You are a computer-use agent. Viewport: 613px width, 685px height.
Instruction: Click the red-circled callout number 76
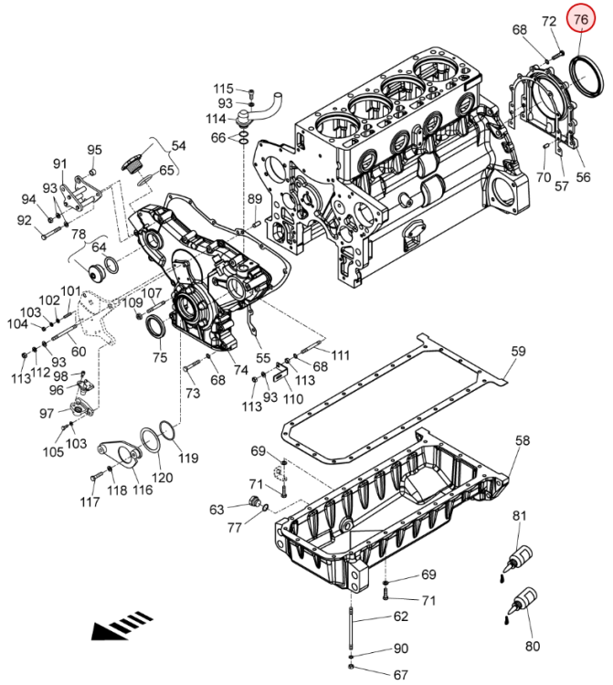point(581,19)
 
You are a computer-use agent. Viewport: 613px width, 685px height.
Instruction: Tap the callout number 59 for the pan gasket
point(518,352)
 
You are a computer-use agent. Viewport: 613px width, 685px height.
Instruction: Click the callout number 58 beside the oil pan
point(523,440)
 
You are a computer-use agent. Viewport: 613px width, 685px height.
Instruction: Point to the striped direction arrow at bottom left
point(122,626)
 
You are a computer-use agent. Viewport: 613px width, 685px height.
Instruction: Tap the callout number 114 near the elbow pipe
point(216,119)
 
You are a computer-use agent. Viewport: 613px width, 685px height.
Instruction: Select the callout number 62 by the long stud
point(401,616)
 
